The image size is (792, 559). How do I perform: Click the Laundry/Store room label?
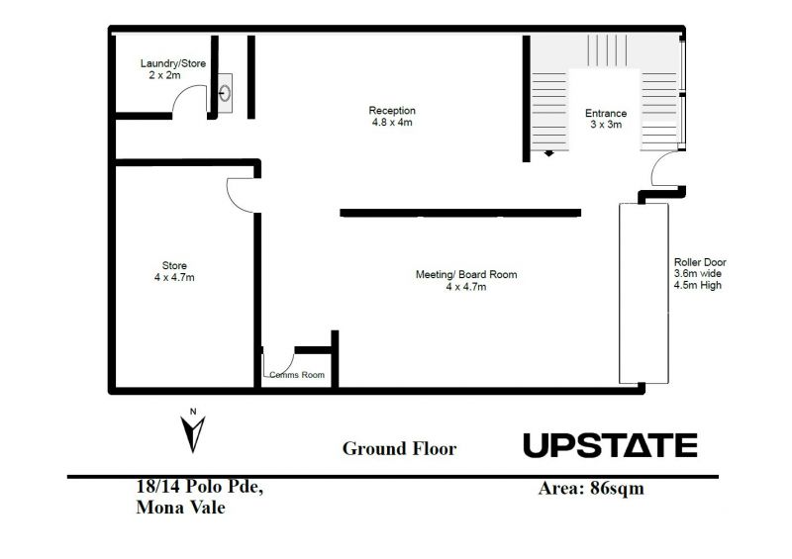pos(172,63)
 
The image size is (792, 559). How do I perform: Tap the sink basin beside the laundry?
pos(225,93)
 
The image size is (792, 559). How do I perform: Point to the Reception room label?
pos(392,111)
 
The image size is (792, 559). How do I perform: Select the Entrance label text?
pos(606,113)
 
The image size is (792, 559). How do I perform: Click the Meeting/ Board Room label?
pos(466,275)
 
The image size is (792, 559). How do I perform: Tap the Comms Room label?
pos(297,375)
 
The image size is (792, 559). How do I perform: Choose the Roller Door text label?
pos(700,262)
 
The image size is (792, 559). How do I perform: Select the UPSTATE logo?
pos(610,445)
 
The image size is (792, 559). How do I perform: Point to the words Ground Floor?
pos(400,448)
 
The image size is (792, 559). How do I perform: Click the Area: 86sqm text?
pos(591,489)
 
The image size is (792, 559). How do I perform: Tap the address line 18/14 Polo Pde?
pos(200,487)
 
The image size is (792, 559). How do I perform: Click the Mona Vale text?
pos(180,507)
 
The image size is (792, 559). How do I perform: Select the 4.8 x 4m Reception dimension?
pos(392,123)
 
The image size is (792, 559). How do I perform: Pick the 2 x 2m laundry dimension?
pos(164,75)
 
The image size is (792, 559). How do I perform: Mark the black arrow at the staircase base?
pos(549,153)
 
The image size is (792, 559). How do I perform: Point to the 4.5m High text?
pos(698,285)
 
